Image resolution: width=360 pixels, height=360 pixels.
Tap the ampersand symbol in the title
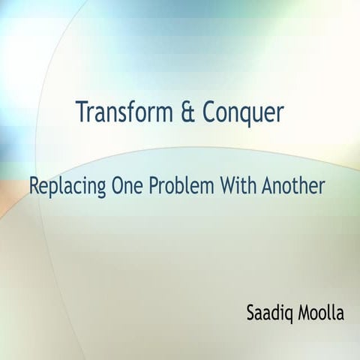(x=189, y=112)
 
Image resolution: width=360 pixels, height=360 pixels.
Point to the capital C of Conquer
(x=208, y=112)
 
